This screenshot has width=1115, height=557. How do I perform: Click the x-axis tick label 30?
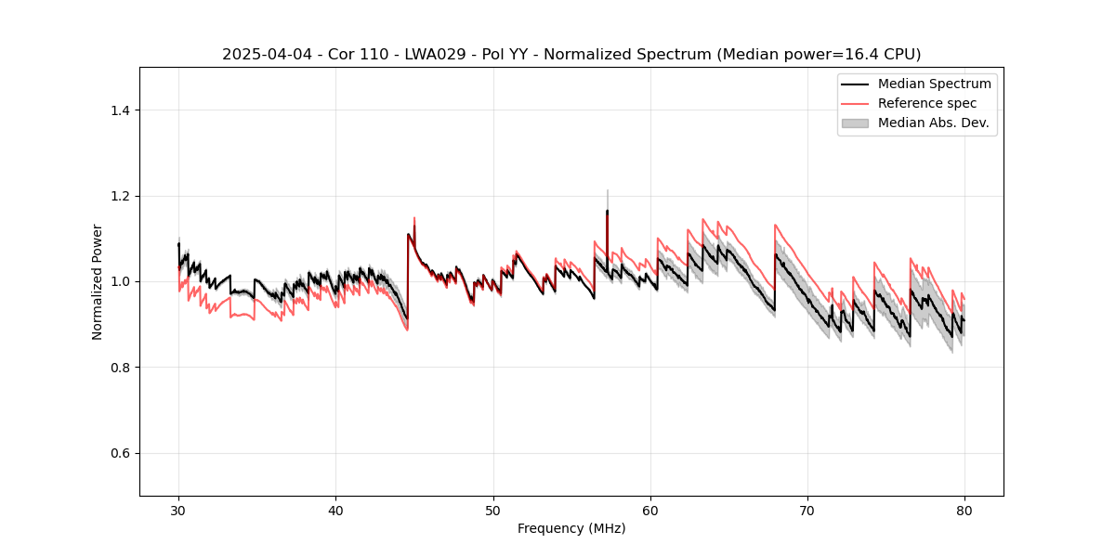[178, 510]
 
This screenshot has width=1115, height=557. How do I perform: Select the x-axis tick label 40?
[335, 510]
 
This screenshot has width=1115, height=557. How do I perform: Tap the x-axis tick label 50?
[493, 510]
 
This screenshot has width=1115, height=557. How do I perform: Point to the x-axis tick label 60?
[650, 510]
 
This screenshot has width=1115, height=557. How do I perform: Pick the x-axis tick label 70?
[807, 510]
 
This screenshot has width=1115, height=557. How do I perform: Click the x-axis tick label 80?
[964, 510]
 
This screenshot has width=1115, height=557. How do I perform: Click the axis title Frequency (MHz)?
[571, 528]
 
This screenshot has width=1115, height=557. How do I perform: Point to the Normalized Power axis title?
[98, 281]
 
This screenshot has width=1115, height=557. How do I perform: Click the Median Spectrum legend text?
[934, 84]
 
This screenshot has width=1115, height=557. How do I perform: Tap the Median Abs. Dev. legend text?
[934, 123]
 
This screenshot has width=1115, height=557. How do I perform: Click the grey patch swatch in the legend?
[855, 123]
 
